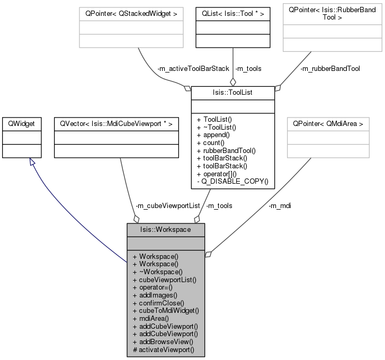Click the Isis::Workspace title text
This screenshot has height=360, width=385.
(x=165, y=230)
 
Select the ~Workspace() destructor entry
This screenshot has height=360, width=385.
(x=158, y=271)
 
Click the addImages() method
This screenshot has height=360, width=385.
(x=158, y=295)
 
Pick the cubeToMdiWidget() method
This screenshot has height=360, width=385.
(x=166, y=311)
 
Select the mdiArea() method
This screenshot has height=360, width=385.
(x=154, y=319)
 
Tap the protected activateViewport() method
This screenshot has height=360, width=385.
(x=164, y=350)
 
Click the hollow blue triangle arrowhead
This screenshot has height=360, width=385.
(x=32, y=161)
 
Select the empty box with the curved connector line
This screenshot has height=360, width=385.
(x=131, y=28)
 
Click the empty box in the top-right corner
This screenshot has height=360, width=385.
(x=332, y=28)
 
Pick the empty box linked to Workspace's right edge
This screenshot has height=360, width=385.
(x=328, y=138)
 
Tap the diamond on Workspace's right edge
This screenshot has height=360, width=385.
(x=208, y=255)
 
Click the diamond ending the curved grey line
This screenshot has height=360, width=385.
(x=186, y=88)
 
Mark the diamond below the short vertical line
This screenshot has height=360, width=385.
(x=232, y=82)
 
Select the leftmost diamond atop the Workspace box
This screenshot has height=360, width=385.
(x=136, y=218)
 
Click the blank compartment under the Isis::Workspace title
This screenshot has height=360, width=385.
(x=165, y=243)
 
